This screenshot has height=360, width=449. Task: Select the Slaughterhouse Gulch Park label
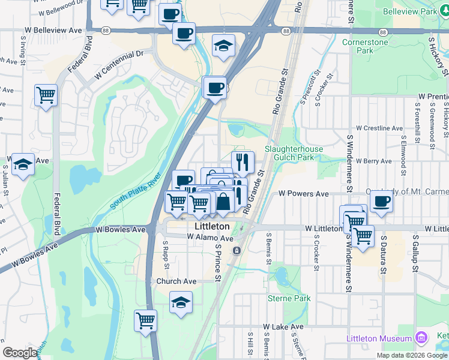pyautogui.click(x=294, y=153)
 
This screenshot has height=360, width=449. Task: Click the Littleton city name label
pyautogui.click(x=212, y=227)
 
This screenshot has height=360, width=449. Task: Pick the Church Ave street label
pyautogui.click(x=176, y=281)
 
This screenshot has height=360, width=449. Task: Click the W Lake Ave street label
pyautogui.click(x=283, y=327)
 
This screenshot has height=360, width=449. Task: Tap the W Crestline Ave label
pyautogui.click(x=379, y=128)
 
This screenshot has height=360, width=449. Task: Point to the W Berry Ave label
pyautogui.click(x=373, y=161)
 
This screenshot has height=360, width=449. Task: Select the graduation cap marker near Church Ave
pyautogui.click(x=181, y=303)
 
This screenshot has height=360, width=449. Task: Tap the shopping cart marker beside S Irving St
pyautogui.click(x=46, y=95)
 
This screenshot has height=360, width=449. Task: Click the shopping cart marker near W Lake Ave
pyautogui.click(x=145, y=321)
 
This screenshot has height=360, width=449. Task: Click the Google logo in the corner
pyautogui.click(x=20, y=352)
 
